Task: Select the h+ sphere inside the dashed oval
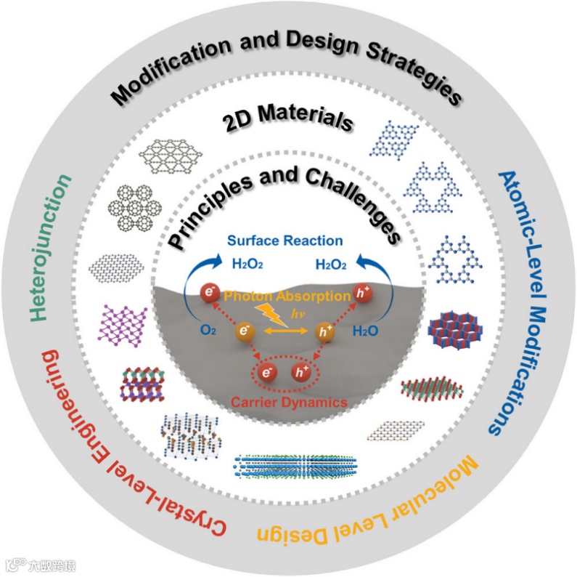[299, 374]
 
